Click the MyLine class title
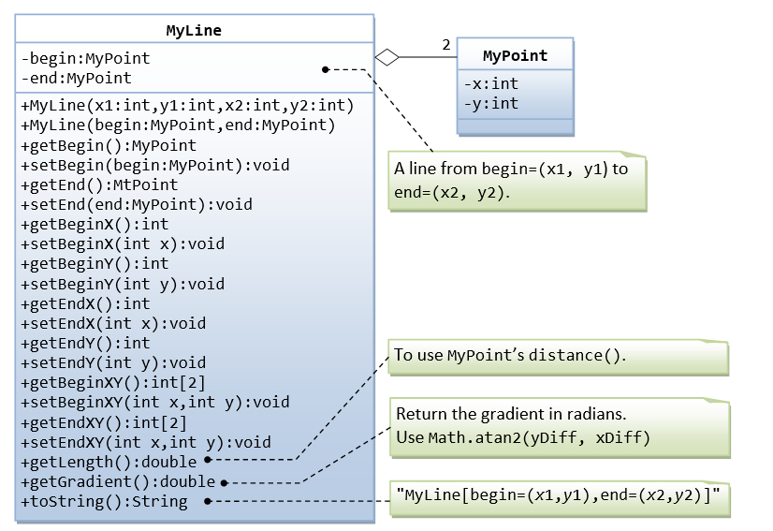[x=194, y=30]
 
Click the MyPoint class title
[x=515, y=55]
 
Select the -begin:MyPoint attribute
[x=85, y=58]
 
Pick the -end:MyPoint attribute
[x=76, y=78]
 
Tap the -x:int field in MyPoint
[x=491, y=83]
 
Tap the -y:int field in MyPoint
[x=491, y=103]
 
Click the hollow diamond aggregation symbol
[x=386, y=57]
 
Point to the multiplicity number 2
[x=445, y=45]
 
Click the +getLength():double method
[x=109, y=462]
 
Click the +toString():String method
[x=104, y=501]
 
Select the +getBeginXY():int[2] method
[x=112, y=382]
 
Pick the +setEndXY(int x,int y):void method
[x=145, y=442]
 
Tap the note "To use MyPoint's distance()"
[x=510, y=356]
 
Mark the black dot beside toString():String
[x=208, y=502]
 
